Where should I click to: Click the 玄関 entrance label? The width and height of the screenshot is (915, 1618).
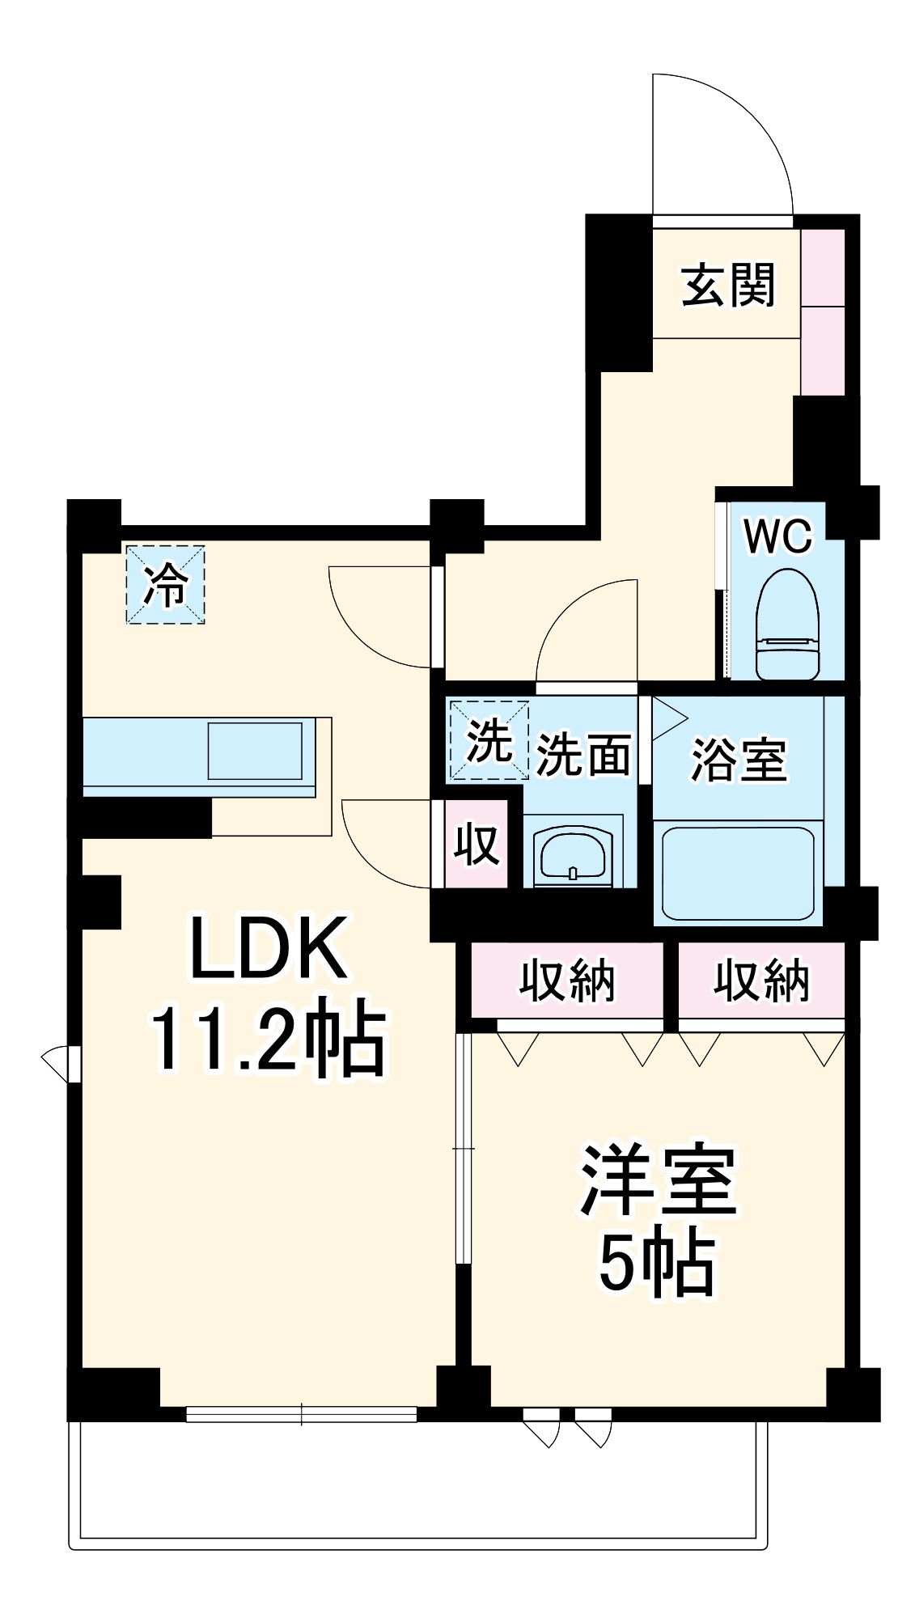(727, 285)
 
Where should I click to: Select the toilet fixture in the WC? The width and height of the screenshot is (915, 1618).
(787, 625)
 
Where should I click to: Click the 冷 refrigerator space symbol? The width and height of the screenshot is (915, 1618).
(165, 584)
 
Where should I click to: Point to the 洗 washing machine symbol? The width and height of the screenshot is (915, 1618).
(487, 739)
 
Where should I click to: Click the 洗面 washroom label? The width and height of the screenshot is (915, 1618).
(582, 755)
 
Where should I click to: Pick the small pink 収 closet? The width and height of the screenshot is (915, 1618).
(476, 844)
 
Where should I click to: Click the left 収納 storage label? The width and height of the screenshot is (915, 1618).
(566, 981)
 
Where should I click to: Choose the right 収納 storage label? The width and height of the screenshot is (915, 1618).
(760, 981)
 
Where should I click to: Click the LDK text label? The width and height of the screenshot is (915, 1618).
(269, 948)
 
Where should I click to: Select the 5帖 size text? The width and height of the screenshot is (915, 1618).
(657, 1264)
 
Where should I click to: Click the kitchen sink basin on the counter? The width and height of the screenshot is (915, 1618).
(255, 750)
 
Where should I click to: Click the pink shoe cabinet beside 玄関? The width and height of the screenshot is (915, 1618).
(823, 311)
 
